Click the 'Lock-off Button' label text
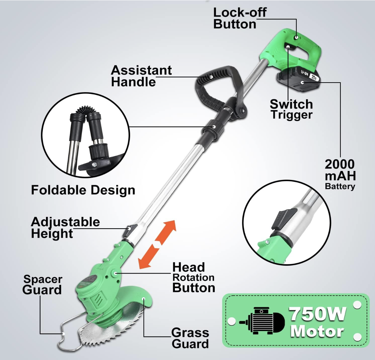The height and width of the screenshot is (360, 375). [x=240, y=18]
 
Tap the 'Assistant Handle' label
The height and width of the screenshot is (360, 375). [x=141, y=76]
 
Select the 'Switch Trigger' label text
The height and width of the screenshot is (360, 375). [x=291, y=109]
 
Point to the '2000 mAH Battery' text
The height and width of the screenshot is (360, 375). [x=340, y=174]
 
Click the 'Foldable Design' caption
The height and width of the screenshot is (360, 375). [x=83, y=190]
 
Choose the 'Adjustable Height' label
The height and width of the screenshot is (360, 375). [x=65, y=228]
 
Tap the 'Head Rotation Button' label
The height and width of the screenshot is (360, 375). [x=193, y=277]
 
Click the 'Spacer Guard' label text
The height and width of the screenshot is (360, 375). [x=42, y=285]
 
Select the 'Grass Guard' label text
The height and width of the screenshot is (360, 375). [x=190, y=338]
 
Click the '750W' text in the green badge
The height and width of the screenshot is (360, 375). [x=317, y=313]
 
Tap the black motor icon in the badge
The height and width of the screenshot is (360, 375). [x=262, y=321]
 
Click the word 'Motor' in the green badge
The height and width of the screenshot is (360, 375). [x=317, y=331]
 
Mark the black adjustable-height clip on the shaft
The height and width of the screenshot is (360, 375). [x=130, y=231]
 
